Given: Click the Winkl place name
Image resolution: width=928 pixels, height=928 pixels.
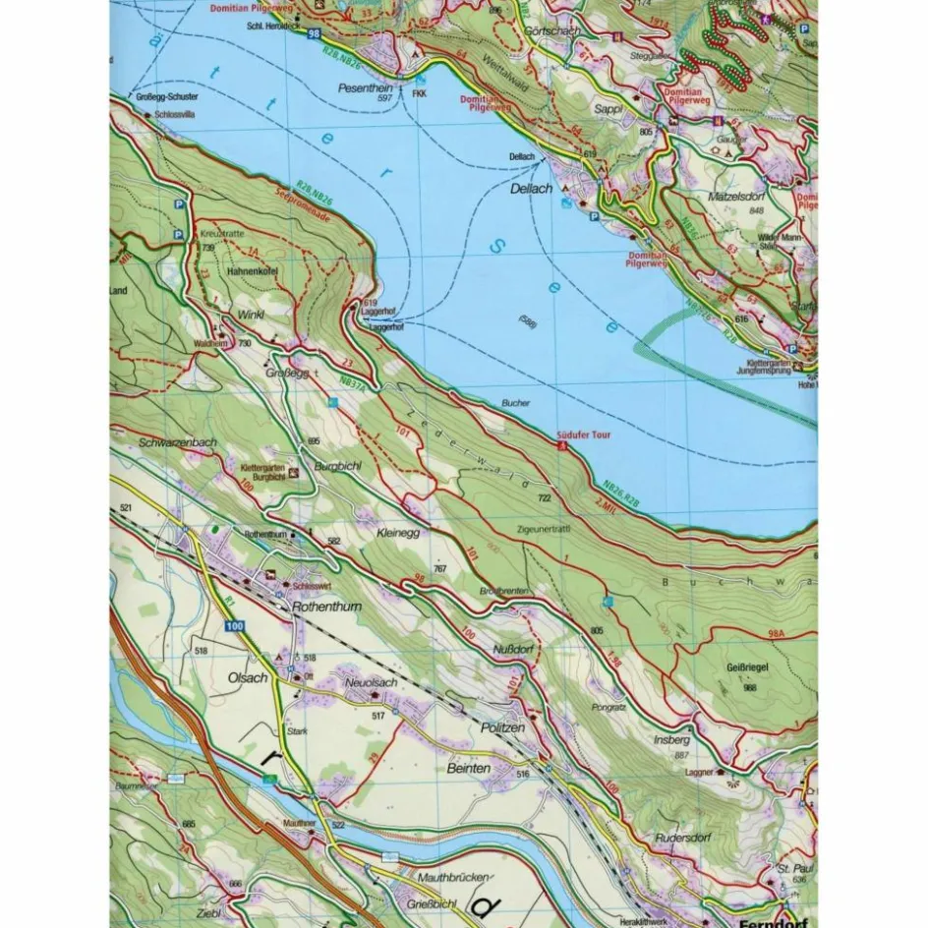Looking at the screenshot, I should (x=238, y=316).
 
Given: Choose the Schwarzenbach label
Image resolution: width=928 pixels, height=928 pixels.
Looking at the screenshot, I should (x=178, y=442).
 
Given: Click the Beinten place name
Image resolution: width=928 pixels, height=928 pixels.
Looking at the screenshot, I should (x=468, y=768).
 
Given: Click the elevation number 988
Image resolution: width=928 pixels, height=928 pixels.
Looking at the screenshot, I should (x=750, y=687).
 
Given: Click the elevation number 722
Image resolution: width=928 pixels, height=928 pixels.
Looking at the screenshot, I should (x=544, y=498).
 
